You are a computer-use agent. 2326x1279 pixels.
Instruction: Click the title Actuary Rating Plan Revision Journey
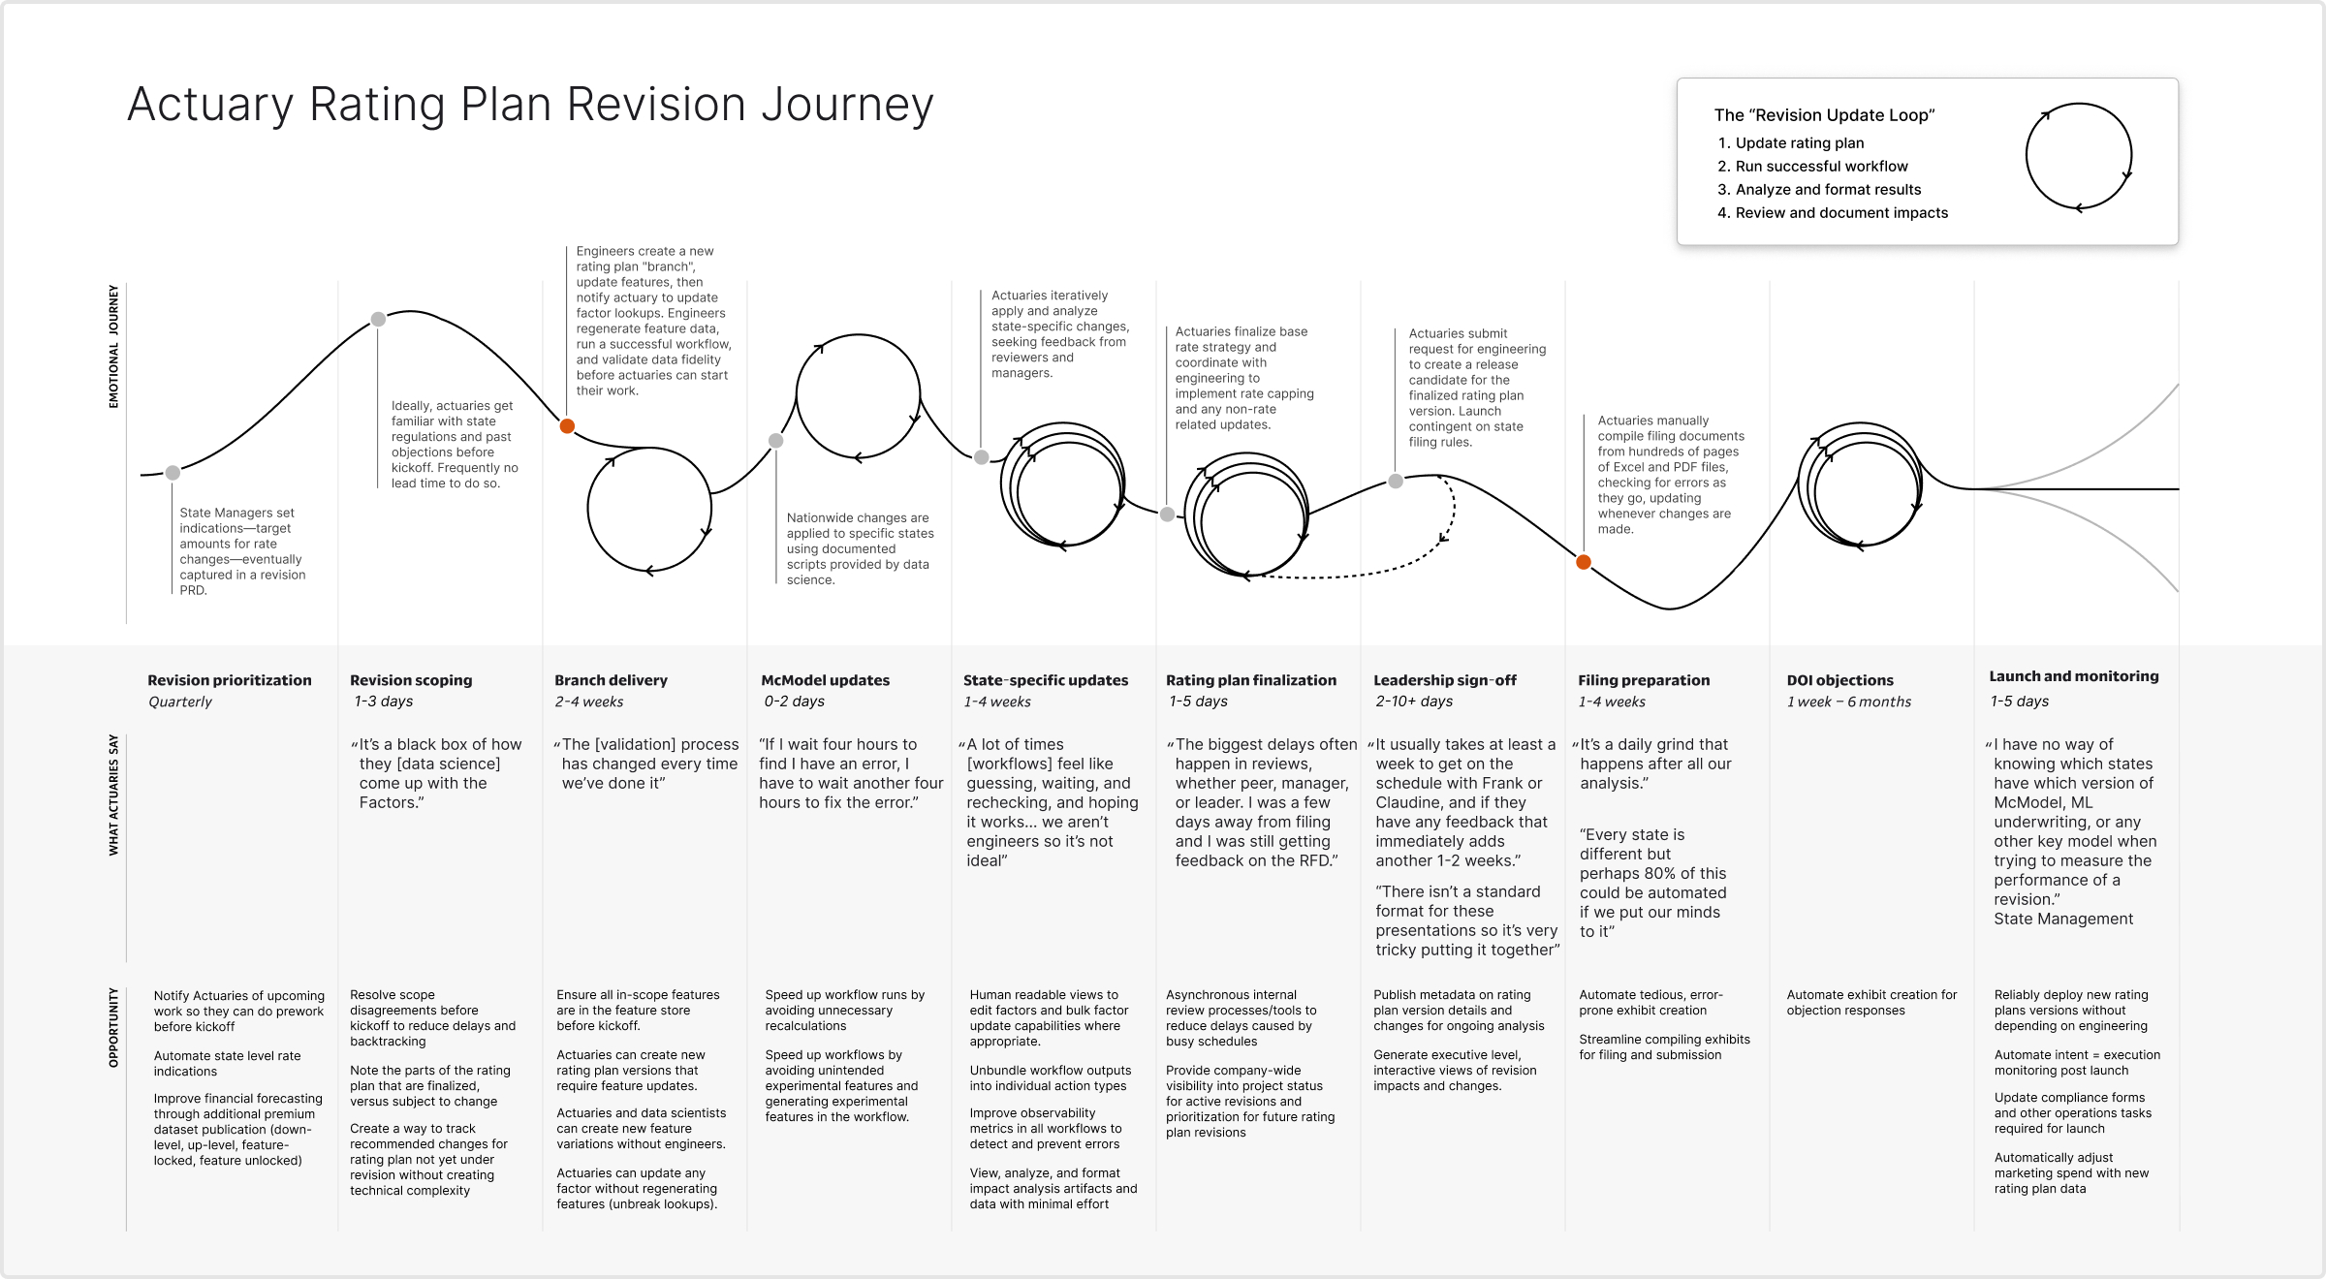tap(530, 105)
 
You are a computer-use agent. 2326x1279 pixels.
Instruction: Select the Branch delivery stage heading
tap(611, 680)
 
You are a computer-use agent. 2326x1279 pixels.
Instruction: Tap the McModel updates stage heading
tap(825, 680)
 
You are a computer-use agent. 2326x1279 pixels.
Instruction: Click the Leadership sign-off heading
tap(1444, 680)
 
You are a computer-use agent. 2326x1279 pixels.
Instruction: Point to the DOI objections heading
tap(1839, 680)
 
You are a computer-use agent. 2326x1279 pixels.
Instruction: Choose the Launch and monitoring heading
tap(2073, 676)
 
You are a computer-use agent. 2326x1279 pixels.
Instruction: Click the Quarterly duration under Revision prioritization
tap(180, 702)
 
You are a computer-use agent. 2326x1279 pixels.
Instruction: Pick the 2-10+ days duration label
tap(1413, 702)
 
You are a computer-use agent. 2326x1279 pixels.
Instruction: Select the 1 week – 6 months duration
tap(1848, 702)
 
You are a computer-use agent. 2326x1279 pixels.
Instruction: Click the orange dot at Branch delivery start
tap(568, 426)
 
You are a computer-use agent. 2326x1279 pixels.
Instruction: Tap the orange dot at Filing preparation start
tap(1584, 562)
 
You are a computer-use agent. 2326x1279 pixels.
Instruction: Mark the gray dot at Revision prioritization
tap(173, 473)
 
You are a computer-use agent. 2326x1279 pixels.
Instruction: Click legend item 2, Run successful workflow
tap(1821, 167)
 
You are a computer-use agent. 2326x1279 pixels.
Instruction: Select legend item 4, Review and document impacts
tap(1840, 213)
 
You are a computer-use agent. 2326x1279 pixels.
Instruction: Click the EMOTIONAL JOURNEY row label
tap(113, 346)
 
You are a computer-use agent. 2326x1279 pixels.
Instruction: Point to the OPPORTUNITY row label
tap(113, 1027)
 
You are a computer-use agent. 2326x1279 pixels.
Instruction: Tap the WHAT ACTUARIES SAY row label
tap(113, 795)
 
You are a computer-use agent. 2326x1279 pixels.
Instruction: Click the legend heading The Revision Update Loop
tap(1824, 115)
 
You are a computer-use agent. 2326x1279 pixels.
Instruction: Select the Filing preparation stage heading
tap(1643, 680)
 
